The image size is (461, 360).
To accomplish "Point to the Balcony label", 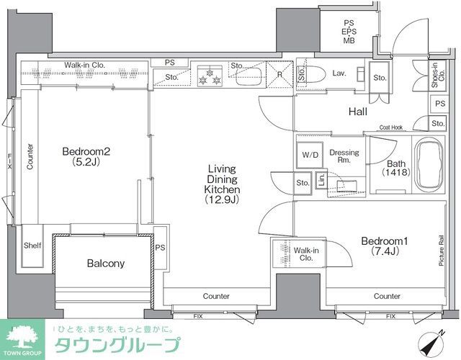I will point(105,264).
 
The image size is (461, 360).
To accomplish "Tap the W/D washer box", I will point(310,155).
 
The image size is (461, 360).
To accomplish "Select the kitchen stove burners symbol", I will point(212,76).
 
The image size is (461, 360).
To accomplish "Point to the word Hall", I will point(357,112).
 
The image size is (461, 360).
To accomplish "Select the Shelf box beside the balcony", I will point(33,246).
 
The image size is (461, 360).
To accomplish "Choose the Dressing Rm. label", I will point(344,156).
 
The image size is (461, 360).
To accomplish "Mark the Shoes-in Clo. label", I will point(434,75).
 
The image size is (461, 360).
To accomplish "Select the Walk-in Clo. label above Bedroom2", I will point(84,65).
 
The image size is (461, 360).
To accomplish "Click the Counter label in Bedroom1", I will point(387,296).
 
